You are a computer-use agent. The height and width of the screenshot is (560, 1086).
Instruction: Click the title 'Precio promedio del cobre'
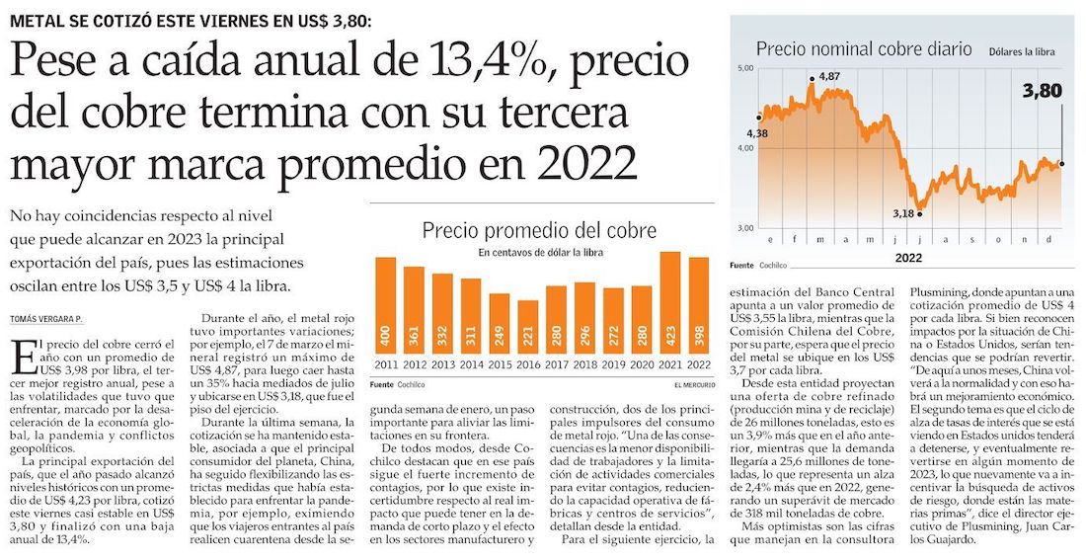(x=539, y=232)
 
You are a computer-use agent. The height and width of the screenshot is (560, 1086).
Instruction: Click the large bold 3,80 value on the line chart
(x=1042, y=91)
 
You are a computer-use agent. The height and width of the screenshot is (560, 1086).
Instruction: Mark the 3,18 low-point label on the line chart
(x=903, y=213)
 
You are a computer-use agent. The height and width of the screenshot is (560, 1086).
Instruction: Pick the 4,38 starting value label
(x=757, y=132)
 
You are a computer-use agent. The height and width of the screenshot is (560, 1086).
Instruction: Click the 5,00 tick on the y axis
(x=744, y=67)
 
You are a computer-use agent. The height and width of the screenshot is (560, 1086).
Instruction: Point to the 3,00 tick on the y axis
(x=744, y=228)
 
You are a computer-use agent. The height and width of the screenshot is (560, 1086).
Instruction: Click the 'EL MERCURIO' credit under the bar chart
(x=687, y=384)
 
